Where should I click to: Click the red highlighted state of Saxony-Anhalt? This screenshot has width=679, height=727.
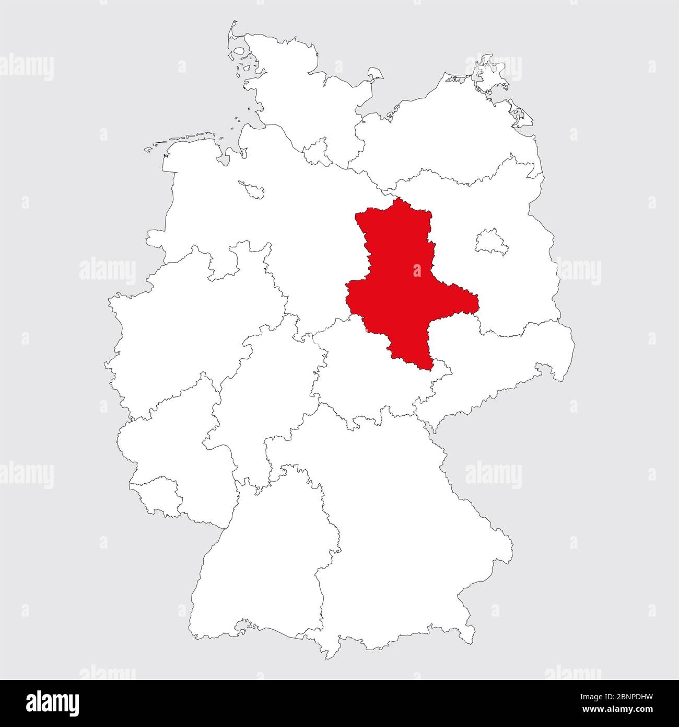(x=407, y=282)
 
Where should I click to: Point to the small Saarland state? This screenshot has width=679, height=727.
(x=157, y=494)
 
